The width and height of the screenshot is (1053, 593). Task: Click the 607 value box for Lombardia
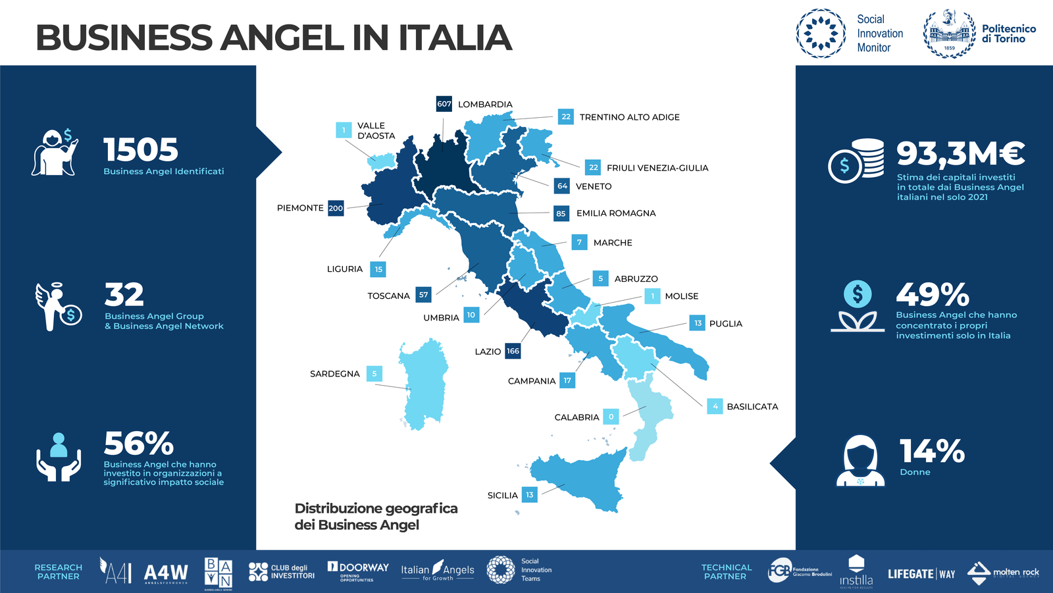[444, 104]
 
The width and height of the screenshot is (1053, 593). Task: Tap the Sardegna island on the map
[424, 385]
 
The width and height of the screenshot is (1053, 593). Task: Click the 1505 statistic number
[141, 150]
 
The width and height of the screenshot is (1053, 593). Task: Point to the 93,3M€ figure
[960, 153]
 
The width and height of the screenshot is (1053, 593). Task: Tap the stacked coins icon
[856, 161]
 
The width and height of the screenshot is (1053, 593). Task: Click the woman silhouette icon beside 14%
[860, 460]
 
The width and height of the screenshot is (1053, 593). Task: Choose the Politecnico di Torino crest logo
[949, 34]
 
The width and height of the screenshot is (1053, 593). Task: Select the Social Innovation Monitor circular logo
[821, 34]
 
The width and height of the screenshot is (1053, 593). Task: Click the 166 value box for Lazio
[513, 351]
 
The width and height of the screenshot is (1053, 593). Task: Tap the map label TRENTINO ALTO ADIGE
[629, 117]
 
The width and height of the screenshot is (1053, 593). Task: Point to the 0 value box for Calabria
[611, 417]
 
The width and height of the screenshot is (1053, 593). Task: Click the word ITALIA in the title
[455, 38]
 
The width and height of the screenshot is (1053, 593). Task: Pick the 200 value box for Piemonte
[336, 208]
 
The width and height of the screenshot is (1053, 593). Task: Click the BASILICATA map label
[752, 407]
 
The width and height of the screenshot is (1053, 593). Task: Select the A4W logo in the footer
[166, 573]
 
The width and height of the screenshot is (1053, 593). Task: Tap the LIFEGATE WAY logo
[921, 574]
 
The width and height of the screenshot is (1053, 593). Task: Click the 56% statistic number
[139, 444]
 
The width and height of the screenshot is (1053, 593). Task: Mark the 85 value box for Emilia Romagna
[561, 213]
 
